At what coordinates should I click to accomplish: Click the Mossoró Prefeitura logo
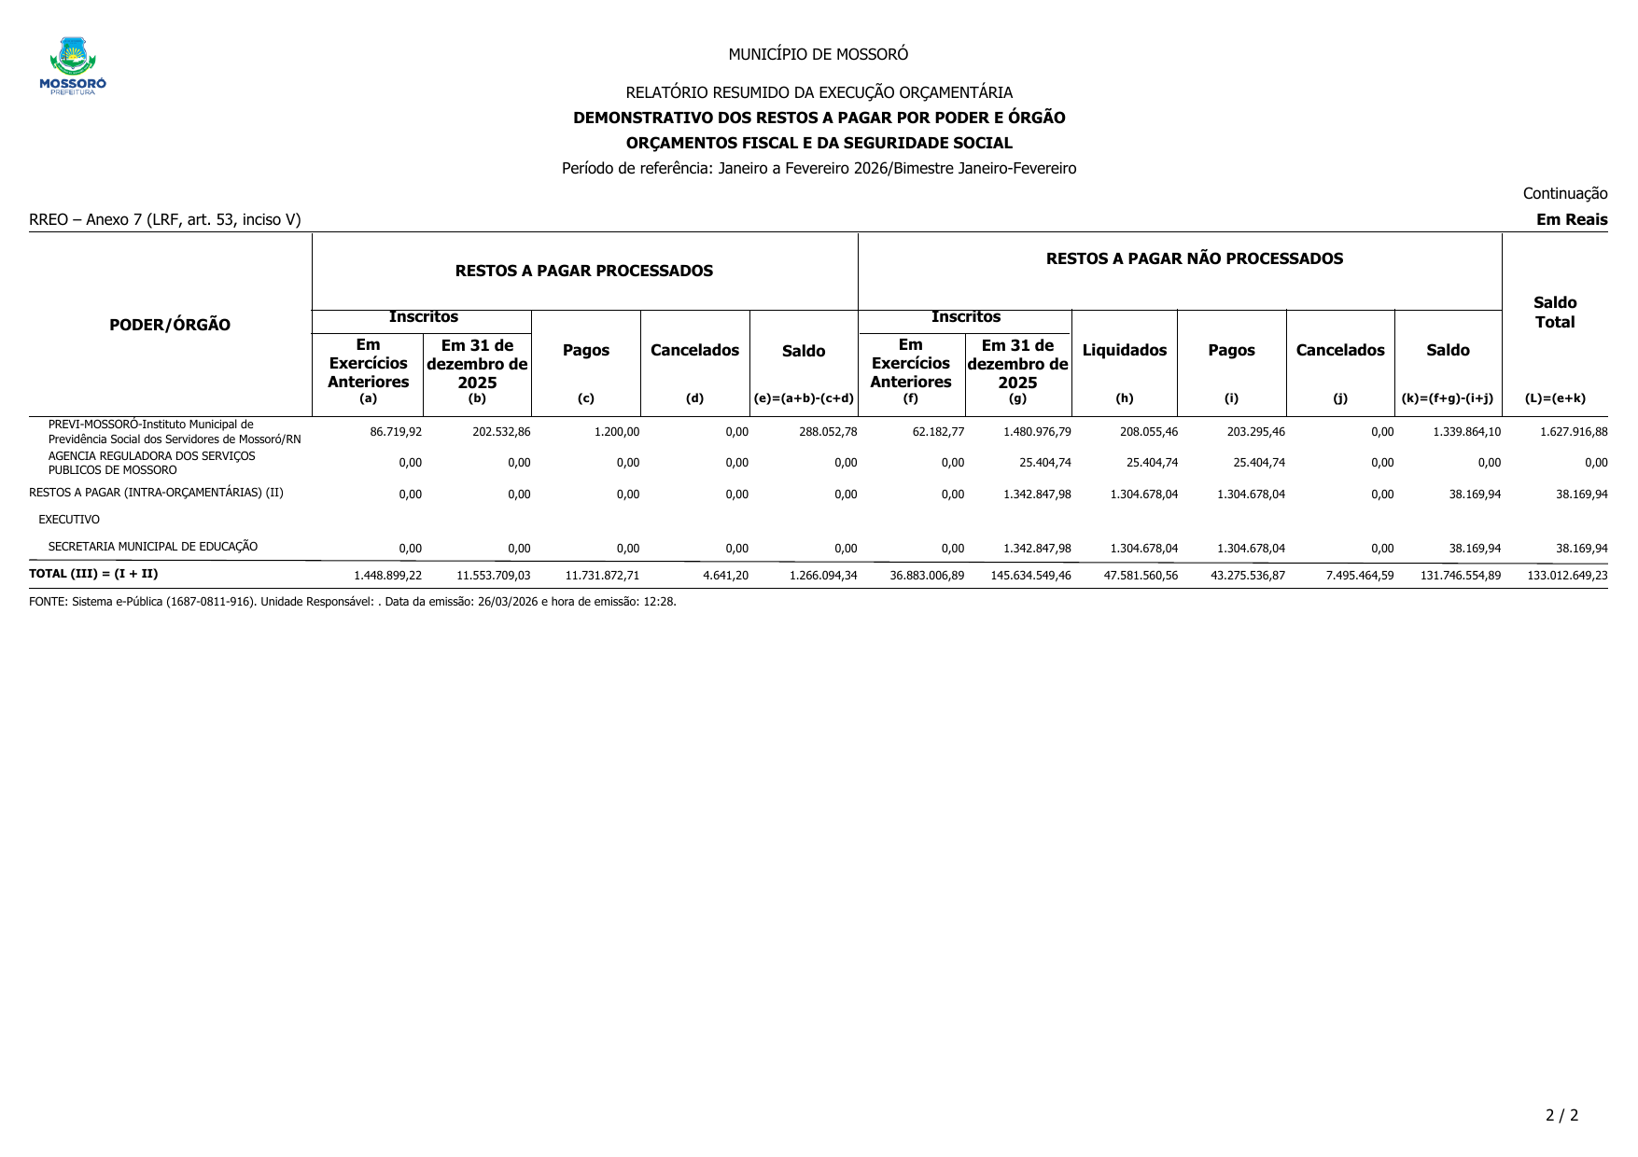[x=73, y=66]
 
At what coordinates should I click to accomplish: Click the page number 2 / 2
[x=1561, y=1115]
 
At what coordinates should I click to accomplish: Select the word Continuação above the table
[x=1564, y=193]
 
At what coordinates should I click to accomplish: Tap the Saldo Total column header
[x=1554, y=313]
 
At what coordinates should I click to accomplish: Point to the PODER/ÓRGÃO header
[x=170, y=325]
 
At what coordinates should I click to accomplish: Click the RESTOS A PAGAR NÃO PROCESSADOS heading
[x=1194, y=258]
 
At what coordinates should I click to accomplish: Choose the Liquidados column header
[x=1124, y=350]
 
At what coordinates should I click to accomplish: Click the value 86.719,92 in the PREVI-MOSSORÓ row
[x=396, y=432]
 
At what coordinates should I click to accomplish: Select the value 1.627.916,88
[x=1567, y=432]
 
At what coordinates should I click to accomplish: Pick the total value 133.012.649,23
[x=1567, y=576]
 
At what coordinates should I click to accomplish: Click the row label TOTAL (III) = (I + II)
[x=93, y=574]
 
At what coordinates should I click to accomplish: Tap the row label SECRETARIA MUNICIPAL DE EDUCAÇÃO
[x=153, y=547]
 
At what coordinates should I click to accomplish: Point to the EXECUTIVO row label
[x=69, y=520]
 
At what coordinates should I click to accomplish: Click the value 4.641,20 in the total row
[x=725, y=576]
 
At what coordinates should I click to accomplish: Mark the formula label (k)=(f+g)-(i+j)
[x=1447, y=398]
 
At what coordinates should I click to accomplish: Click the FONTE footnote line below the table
[x=353, y=602]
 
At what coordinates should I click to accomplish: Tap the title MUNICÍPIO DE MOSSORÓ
[x=818, y=54]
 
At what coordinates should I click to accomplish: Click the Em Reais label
[x=1572, y=220]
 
